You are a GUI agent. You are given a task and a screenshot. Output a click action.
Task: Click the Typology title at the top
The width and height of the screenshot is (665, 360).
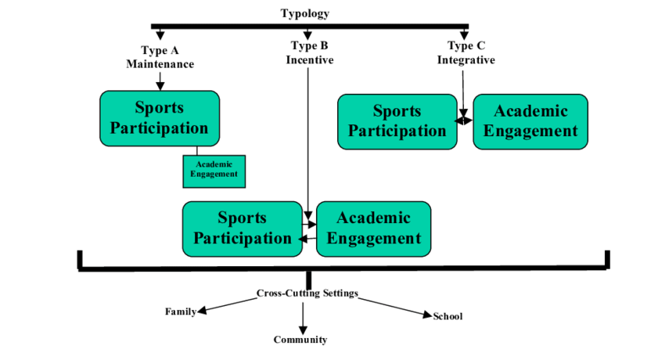305,13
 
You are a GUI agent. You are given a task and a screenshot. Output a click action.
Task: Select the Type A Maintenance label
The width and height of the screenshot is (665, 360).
160,57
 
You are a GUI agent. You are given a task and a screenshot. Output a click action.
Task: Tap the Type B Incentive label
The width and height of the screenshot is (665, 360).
309,52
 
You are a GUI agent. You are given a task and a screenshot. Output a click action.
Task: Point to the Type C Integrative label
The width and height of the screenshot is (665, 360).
465,52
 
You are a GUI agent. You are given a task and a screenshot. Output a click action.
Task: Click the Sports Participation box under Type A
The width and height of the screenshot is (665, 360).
160,118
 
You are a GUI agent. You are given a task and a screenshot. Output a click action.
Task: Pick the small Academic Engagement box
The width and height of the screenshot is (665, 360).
214,171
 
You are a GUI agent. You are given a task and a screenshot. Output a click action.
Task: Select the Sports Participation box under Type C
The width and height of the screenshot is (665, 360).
397,121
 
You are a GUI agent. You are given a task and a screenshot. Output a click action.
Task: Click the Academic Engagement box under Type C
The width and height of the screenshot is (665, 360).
530,121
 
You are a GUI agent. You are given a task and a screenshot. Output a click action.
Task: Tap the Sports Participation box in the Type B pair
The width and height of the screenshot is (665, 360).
242,229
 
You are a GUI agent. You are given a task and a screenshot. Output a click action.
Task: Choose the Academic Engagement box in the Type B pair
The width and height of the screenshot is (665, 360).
373,229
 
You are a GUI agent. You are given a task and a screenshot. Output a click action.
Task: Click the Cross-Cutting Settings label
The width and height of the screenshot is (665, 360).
307,293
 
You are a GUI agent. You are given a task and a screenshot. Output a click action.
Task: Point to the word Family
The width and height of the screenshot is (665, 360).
180,311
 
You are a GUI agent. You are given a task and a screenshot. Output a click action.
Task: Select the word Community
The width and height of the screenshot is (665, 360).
300,340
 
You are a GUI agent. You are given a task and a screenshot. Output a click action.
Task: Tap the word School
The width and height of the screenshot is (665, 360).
448,316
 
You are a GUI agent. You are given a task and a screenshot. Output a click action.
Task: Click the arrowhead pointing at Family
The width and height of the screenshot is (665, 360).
202,310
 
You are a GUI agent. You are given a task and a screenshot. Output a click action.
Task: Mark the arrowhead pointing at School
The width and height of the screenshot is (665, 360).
427,315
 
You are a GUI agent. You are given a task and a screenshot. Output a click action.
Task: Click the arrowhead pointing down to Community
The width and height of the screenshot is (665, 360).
303,329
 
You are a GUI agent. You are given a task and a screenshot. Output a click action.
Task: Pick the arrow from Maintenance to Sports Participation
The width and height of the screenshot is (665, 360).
160,80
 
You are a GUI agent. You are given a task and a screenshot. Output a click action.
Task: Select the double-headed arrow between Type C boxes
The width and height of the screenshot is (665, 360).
465,121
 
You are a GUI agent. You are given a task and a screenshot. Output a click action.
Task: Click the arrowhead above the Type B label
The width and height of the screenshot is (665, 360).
309,34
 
